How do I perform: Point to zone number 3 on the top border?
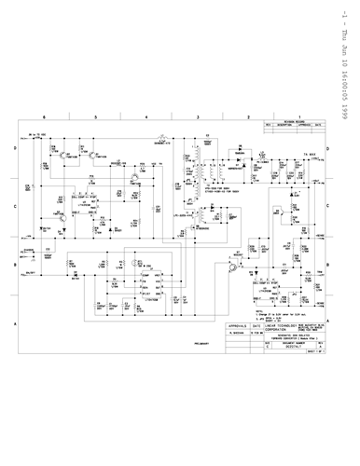[x=173, y=117]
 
